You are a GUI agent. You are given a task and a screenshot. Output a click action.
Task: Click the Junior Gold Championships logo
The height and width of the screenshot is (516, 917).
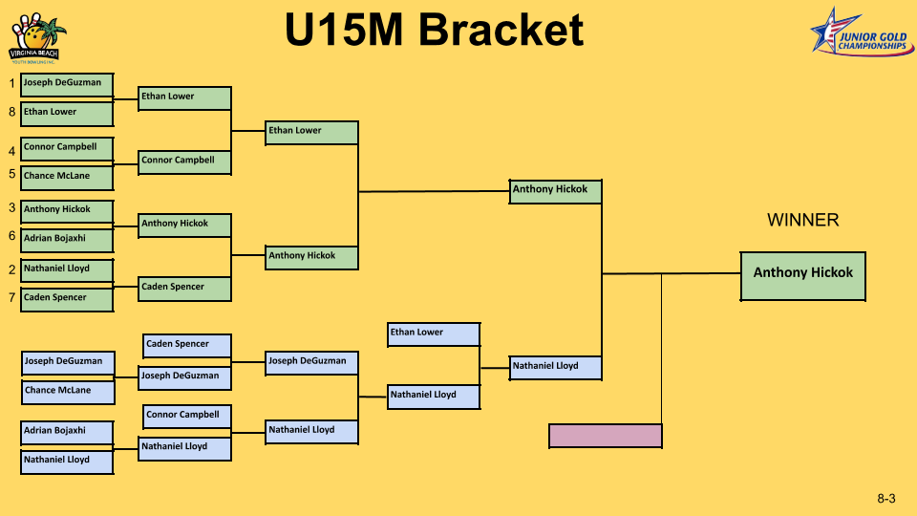pyautogui.click(x=859, y=34)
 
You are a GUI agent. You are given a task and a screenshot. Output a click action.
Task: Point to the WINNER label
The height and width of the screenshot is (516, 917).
pyautogui.click(x=802, y=221)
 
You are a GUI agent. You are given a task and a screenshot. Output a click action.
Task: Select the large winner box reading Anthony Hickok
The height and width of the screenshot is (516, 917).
pyautogui.click(x=802, y=275)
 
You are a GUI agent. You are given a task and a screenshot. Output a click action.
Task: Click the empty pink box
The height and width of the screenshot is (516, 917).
pyautogui.click(x=605, y=436)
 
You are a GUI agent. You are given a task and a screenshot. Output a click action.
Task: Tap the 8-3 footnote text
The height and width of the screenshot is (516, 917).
pyautogui.click(x=885, y=499)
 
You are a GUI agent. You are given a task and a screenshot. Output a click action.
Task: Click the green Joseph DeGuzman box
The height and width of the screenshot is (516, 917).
pyautogui.click(x=67, y=85)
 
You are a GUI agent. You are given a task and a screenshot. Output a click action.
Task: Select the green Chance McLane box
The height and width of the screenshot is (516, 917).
pyautogui.click(x=67, y=178)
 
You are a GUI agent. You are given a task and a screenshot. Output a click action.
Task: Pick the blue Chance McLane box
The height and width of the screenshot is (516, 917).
pyautogui.click(x=68, y=392)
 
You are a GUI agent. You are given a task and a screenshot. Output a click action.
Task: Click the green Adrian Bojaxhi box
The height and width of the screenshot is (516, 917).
pyautogui.click(x=67, y=240)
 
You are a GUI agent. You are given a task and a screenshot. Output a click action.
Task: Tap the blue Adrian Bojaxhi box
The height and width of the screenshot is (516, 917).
pyautogui.click(x=68, y=433)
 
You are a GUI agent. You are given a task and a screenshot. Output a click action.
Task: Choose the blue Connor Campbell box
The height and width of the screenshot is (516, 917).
pyautogui.click(x=187, y=417)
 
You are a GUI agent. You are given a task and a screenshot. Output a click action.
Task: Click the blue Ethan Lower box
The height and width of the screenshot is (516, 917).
pyautogui.click(x=434, y=333)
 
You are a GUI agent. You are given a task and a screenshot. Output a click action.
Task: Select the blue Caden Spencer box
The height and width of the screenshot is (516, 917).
pyautogui.click(x=187, y=346)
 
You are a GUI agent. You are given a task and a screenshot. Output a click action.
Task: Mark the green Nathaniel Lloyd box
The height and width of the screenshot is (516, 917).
pyautogui.click(x=67, y=270)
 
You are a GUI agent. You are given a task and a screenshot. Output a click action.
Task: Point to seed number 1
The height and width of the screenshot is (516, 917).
pyautogui.click(x=11, y=84)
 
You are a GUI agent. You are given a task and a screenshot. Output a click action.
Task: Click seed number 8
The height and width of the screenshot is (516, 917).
pyautogui.click(x=11, y=112)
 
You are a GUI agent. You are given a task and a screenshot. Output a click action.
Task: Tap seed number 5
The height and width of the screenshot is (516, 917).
pyautogui.click(x=11, y=174)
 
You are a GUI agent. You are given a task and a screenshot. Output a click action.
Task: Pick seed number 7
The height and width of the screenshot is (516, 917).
pyautogui.click(x=11, y=297)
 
